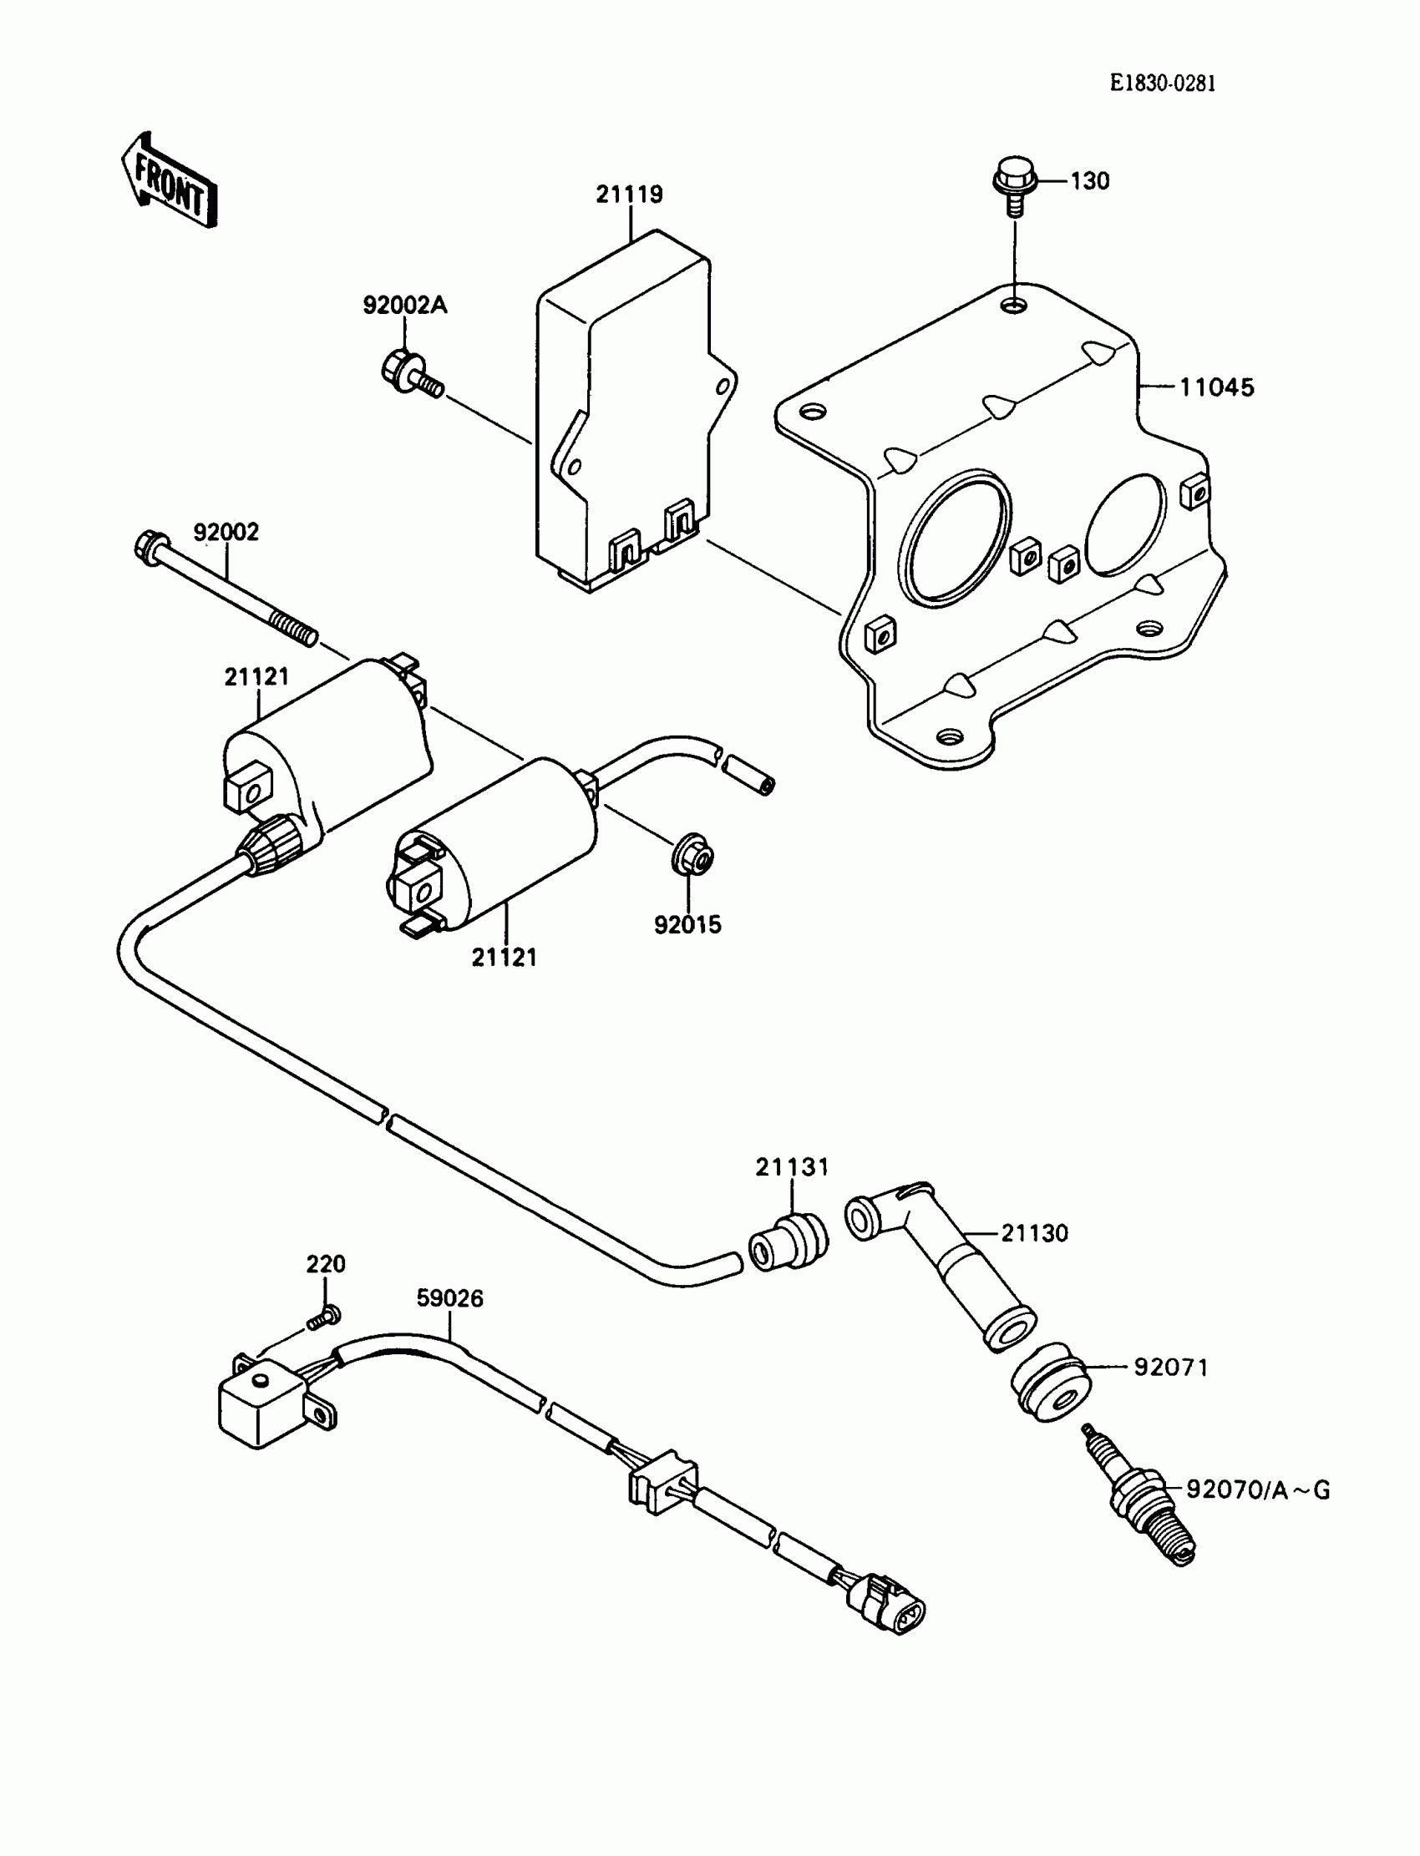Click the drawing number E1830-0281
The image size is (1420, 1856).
pyautogui.click(x=1162, y=83)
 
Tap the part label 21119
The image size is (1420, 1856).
pyautogui.click(x=629, y=195)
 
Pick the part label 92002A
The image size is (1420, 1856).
pyautogui.click(x=405, y=305)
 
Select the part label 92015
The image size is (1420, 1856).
pyautogui.click(x=687, y=925)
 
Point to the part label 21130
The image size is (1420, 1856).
pyautogui.click(x=1035, y=1233)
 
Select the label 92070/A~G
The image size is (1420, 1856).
pyautogui.click(x=1258, y=1489)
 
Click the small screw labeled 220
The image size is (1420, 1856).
pyautogui.click(x=324, y=1316)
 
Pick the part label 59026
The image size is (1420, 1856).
pyautogui.click(x=449, y=1297)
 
